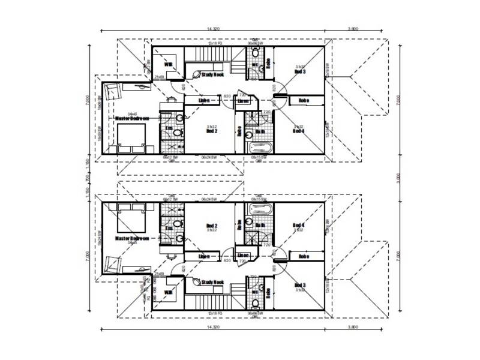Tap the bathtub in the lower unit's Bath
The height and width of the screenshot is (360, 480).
coord(259,209)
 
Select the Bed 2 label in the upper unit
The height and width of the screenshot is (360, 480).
coord(211,131)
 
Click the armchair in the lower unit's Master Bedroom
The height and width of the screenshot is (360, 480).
coord(113,262)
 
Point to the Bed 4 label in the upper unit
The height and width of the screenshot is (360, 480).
coord(298,130)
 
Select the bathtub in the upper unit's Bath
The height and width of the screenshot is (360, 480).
coord(259,146)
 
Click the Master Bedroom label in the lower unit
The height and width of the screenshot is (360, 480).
coord(132,238)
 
